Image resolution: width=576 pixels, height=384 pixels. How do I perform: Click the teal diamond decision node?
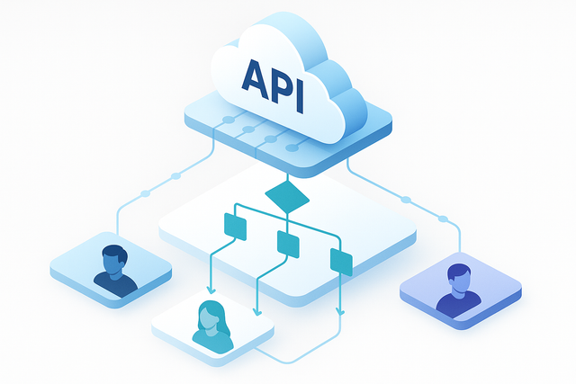click(287, 193)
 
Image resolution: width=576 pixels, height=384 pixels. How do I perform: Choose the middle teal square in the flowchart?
click(288, 242)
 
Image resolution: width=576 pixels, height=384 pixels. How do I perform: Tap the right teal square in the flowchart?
click(341, 262)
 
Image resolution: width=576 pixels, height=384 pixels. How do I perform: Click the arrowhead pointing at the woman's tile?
click(211, 290)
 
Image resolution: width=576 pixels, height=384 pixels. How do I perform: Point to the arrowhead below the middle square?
click(258, 313)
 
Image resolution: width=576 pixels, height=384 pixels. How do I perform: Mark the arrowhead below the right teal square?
click(340, 312)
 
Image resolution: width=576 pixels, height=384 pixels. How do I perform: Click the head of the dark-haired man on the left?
click(113, 260)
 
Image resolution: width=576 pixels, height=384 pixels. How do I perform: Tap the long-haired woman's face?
click(210, 316)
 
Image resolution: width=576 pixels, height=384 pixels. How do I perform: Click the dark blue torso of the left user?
click(115, 284)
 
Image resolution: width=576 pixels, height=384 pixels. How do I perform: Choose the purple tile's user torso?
click(456, 305)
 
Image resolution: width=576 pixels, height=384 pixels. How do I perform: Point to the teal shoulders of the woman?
click(212, 341)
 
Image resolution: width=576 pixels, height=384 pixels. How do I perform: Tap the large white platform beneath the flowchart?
click(378, 225)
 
